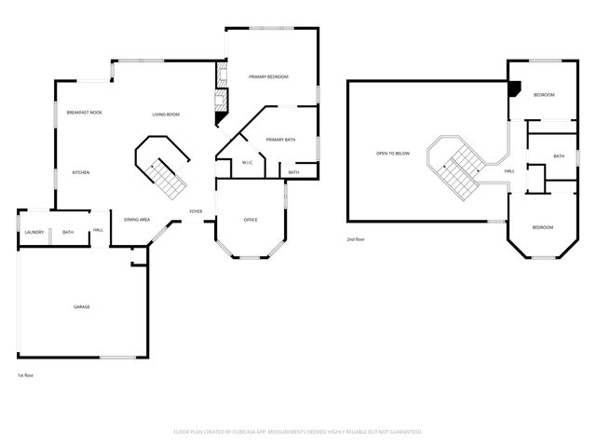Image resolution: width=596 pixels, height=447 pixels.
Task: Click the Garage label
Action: coord(82,306)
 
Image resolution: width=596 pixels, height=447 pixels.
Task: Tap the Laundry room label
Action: coord(34,232)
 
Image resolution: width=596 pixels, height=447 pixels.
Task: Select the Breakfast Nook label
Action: coord(84,113)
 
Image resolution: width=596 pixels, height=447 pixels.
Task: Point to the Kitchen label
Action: coord(81,172)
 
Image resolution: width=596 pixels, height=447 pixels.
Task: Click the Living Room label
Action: coord(166,115)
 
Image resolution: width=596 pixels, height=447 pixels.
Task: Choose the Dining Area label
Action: coord(137,220)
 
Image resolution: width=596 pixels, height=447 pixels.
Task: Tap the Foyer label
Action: coord(196,211)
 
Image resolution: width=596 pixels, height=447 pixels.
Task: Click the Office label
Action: coord(250,220)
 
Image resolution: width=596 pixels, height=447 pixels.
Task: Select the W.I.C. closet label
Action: coord(248,163)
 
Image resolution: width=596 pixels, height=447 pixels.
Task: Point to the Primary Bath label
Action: coord(280,140)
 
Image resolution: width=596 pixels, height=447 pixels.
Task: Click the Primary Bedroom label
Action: coord(268,76)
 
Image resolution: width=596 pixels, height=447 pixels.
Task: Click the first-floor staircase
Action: coord(164,172)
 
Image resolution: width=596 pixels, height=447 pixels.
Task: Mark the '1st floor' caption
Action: coord(26,375)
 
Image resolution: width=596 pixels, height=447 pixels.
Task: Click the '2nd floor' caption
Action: coord(355,238)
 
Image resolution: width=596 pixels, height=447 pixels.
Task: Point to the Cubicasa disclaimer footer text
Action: coord(298,431)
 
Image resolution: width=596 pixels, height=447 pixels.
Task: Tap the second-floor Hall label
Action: coord(509,171)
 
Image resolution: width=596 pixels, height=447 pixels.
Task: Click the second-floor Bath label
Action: coord(559,156)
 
